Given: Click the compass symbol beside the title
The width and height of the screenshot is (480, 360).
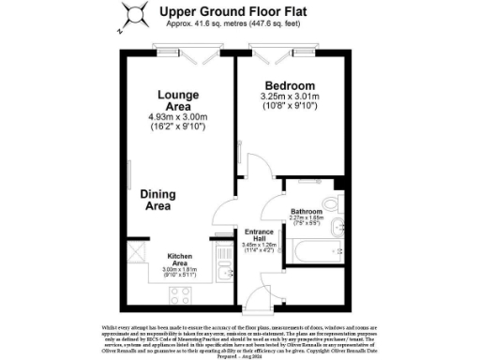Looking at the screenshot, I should coord(135,13).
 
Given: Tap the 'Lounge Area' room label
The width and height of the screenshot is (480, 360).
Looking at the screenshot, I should coord(176,100).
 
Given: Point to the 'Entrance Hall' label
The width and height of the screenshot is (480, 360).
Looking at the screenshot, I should coord(259,235).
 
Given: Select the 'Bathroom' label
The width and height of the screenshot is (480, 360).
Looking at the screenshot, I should coord(306,212).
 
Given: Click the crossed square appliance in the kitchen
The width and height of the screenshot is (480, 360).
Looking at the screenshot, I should coord(136,251).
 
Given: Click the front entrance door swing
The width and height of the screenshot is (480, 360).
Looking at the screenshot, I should coord(252,300).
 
